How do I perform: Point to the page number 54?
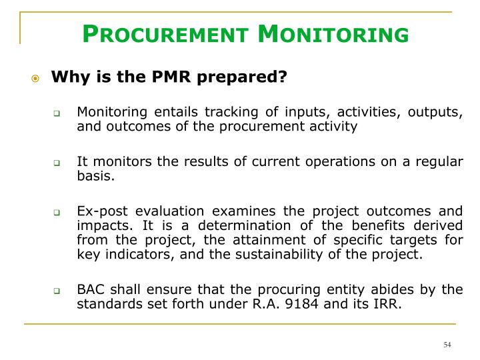click(447, 345)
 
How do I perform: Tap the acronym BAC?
click(90, 289)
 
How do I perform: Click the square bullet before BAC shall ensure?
click(59, 290)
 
